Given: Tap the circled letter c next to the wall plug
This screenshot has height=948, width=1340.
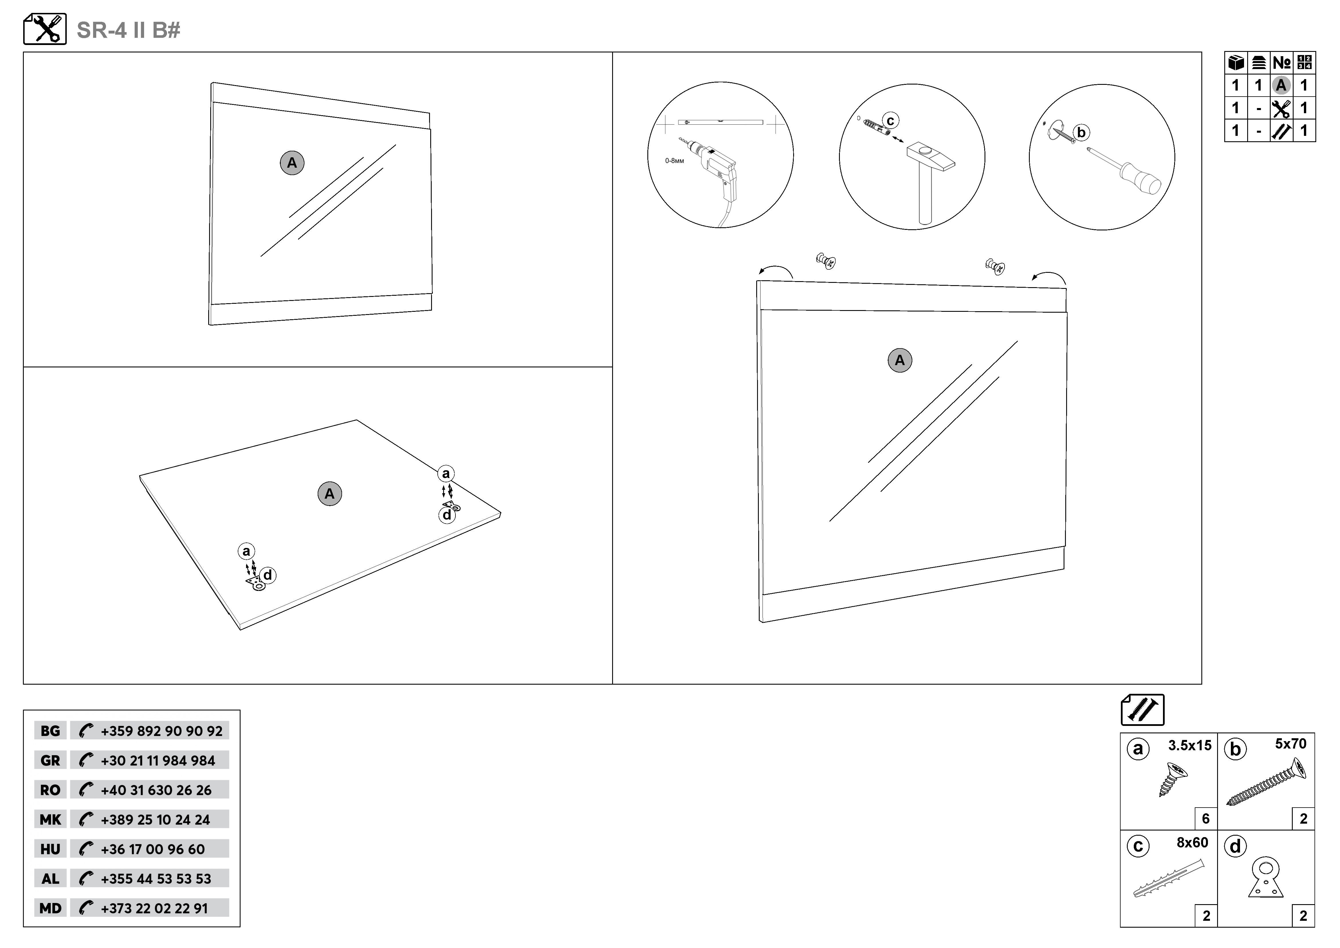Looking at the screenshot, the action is click(x=890, y=121).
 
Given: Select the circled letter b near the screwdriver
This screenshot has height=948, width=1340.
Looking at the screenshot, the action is click(x=1081, y=132).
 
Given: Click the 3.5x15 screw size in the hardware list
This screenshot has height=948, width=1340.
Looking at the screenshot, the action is click(x=1189, y=745).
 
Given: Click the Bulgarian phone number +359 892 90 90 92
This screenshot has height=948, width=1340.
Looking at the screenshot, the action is click(x=162, y=731).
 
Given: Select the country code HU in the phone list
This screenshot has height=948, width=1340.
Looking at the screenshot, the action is click(x=50, y=849).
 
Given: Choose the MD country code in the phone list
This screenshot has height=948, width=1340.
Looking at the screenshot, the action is click(x=50, y=908).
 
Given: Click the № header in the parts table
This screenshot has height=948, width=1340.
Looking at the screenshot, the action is click(x=1282, y=62).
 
